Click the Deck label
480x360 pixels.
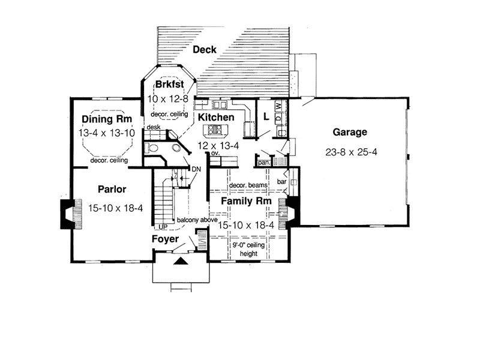coord(204,50)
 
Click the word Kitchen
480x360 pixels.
coord(215,118)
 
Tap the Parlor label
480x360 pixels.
coord(111,190)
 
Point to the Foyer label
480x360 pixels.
coord(165,239)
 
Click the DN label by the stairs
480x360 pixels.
coord(196,170)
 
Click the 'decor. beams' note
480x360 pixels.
coord(248,185)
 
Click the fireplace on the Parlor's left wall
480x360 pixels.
coord(67,212)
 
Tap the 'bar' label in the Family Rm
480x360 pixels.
coord(281,179)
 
